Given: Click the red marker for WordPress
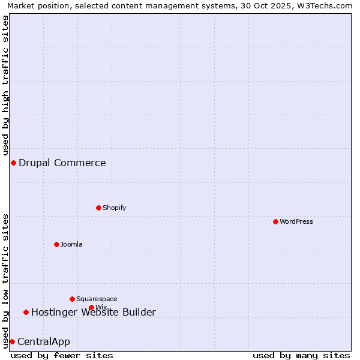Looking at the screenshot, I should coord(275,221).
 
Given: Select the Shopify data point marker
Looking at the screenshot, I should coord(98,208).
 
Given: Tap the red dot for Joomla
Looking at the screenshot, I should coord(56,244).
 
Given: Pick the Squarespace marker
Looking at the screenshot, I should coord(72,299).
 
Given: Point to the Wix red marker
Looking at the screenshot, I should coord(91,307).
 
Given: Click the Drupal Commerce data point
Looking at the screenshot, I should coord(13,163).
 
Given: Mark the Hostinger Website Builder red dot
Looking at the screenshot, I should coord(26,312).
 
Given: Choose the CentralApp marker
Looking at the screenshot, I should coord(12,341).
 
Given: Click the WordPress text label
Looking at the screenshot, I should coord(296,221).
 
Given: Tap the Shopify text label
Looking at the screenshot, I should coord(115,208).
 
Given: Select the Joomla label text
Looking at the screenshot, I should coord(71,244).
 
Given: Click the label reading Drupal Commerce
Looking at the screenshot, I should coord(62,163).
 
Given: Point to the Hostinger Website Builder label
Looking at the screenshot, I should coord(94,312).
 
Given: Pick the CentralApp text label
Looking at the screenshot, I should coord(44,341).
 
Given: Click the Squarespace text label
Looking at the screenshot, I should coord(97,299).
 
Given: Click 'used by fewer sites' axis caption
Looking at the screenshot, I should coord(62,355).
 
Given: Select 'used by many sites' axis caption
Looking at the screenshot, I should coord(301,355).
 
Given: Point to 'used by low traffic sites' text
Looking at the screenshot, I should coord(6,280).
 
